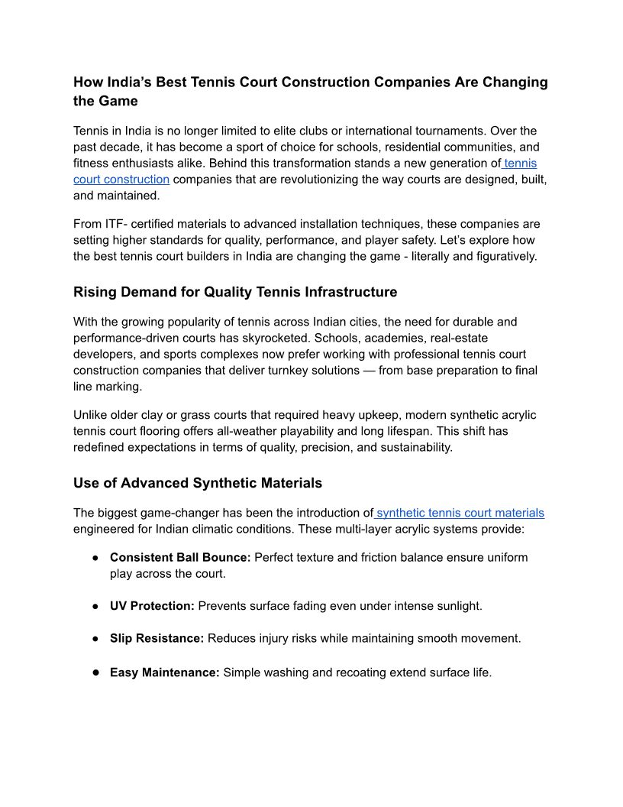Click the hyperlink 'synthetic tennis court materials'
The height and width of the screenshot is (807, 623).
tap(460, 513)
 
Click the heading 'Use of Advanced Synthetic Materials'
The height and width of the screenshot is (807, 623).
tap(198, 483)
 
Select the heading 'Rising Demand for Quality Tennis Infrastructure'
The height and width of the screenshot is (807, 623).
tap(235, 292)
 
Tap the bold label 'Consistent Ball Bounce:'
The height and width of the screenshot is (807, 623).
tap(180, 557)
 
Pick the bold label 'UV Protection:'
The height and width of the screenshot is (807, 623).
tap(152, 605)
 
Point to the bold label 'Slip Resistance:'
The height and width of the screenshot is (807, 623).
tap(157, 637)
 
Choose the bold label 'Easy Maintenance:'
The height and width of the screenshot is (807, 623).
tap(164, 672)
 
